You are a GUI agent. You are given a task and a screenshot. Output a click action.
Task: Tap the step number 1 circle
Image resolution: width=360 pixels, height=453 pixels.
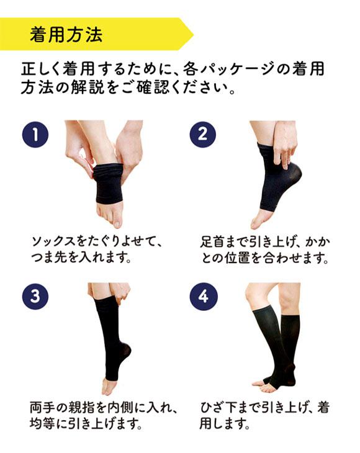[x=35, y=134]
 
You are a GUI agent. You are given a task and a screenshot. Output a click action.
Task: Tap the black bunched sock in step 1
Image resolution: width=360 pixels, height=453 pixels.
[x=110, y=183]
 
